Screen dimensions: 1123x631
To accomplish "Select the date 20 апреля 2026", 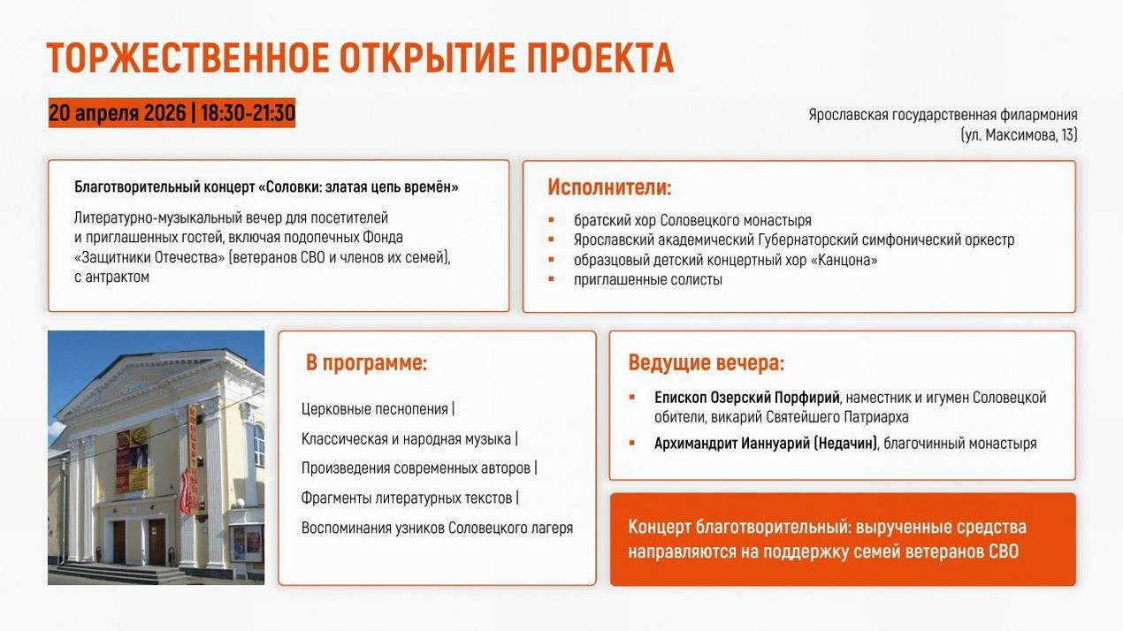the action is click(118, 113).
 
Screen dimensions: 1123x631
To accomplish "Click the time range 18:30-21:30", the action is click(248, 113).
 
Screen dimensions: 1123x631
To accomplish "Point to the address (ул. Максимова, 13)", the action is click(1020, 135).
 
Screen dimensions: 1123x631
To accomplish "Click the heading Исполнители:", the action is click(609, 187).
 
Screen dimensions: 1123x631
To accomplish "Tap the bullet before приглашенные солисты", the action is click(552, 278).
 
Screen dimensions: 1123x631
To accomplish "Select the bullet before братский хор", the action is click(552, 219).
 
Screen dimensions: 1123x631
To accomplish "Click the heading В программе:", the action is click(366, 363).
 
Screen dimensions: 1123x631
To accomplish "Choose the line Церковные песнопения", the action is click(375, 409).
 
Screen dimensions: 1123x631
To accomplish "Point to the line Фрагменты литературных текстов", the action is click(407, 498).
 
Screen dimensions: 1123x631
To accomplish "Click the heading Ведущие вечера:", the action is click(706, 363).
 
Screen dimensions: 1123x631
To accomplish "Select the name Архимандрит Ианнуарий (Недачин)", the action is click(766, 444).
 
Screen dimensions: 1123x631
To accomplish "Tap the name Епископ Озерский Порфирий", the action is click(746, 398).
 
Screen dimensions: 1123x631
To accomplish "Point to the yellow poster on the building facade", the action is click(133, 459).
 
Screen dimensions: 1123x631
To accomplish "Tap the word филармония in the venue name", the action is click(1039, 115).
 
